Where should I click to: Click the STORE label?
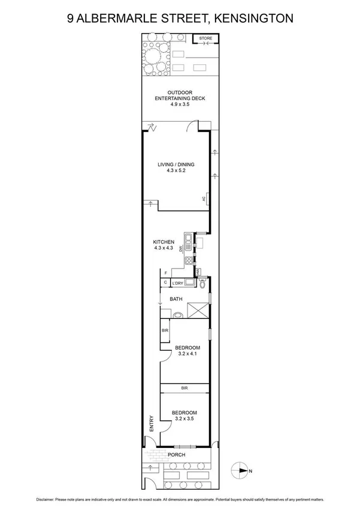tap(205, 38)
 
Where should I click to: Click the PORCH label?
tap(176, 455)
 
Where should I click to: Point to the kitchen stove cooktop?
tap(188, 261)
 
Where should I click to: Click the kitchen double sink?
tap(188, 242)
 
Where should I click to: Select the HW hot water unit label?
tap(198, 272)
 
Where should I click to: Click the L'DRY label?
tap(177, 283)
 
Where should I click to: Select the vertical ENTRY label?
tap(152, 424)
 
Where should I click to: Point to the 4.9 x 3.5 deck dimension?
tap(180, 104)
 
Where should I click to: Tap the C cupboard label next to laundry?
tap(165, 282)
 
